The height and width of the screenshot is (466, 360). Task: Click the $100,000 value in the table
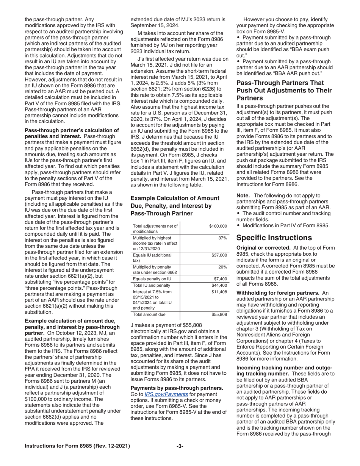click(x=218, y=226)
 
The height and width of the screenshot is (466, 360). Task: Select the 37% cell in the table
click(x=222, y=238)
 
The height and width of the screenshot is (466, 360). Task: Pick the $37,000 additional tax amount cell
click(x=219, y=255)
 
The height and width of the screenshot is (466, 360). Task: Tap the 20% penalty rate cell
click(x=222, y=267)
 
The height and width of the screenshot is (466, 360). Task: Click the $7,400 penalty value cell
click(x=220, y=279)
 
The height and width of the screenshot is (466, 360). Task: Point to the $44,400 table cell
click(x=219, y=285)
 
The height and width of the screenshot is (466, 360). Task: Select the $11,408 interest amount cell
click(x=219, y=292)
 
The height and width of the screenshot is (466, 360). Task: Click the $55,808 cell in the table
click(x=219, y=314)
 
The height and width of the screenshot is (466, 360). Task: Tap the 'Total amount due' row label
click(x=149, y=314)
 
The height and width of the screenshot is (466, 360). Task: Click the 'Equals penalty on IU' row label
click(x=152, y=279)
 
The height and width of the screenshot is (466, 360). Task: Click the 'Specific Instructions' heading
click(x=274, y=238)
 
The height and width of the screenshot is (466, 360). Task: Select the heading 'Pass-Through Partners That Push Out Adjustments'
click(x=284, y=91)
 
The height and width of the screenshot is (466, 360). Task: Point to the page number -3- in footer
click(x=180, y=446)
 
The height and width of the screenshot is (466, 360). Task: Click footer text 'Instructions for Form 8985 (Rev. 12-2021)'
click(x=77, y=446)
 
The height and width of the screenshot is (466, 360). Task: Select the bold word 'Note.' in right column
click(x=243, y=195)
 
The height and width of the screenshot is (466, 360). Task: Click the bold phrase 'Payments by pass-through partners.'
click(x=177, y=388)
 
